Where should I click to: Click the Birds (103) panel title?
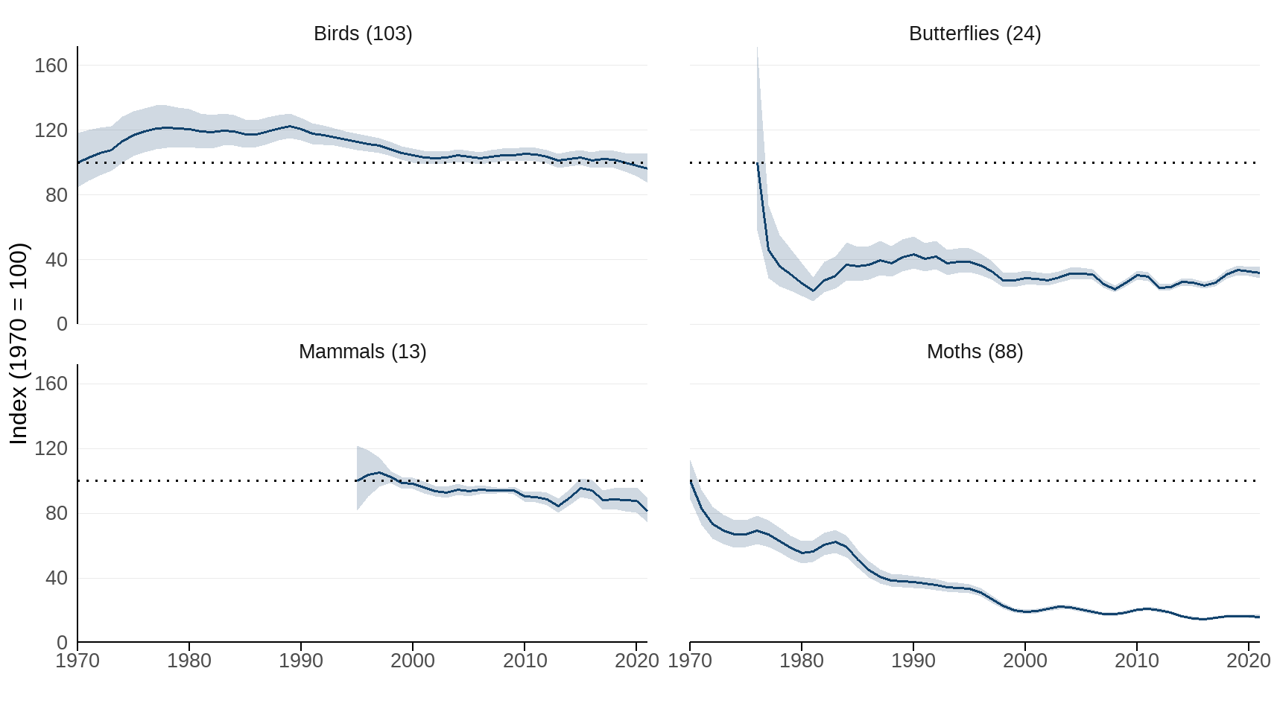pyautogui.click(x=363, y=34)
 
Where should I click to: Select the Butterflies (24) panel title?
pyautogui.click(x=975, y=34)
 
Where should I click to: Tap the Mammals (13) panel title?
pyautogui.click(x=363, y=352)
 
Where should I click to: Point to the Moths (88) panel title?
pyautogui.click(x=975, y=352)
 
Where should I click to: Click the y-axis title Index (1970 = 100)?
pyautogui.click(x=19, y=343)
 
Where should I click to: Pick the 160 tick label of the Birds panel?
pyautogui.click(x=51, y=66)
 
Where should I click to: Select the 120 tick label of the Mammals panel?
pyautogui.click(x=51, y=448)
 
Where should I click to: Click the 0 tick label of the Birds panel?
pyautogui.click(x=61, y=324)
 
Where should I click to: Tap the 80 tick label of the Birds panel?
pyautogui.click(x=56, y=195)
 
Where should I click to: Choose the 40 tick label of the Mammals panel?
pyautogui.click(x=56, y=578)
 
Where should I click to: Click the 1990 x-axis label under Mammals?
pyautogui.click(x=301, y=661)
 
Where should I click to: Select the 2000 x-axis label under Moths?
pyautogui.click(x=1025, y=661)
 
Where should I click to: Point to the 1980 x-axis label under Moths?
pyautogui.click(x=802, y=661)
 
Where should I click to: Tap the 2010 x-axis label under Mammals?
pyautogui.click(x=525, y=661)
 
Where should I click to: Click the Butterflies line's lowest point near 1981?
pyautogui.click(x=814, y=290)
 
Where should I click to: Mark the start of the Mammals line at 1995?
pyautogui.click(x=358, y=480)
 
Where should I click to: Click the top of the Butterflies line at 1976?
pyautogui.click(x=758, y=163)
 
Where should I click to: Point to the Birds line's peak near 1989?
pyautogui.click(x=290, y=126)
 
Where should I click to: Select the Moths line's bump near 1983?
pyautogui.click(x=835, y=542)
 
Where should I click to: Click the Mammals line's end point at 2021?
pyautogui.click(x=647, y=511)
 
